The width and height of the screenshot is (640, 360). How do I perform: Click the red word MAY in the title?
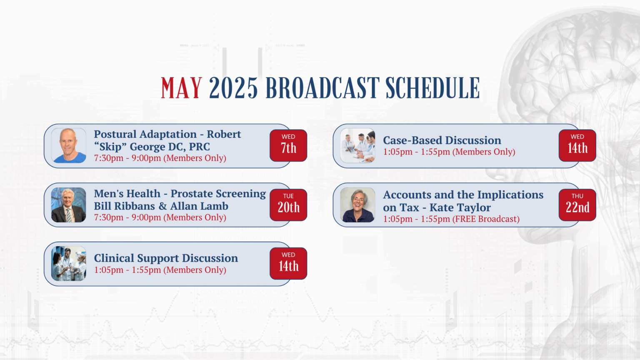[181, 88]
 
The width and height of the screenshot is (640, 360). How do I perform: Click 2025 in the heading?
[233, 88]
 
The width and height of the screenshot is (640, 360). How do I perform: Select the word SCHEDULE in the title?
[432, 88]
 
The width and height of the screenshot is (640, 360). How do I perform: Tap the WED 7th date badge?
[288, 145]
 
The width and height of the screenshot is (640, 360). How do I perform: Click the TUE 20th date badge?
[288, 205]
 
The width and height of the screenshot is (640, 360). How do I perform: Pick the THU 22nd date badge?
[577, 205]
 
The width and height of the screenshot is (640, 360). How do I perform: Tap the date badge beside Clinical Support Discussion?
[288, 263]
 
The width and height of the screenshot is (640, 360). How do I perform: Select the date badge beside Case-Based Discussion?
[577, 145]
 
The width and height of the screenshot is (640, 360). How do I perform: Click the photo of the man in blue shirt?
[69, 146]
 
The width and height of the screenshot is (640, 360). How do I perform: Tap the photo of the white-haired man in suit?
[69, 205]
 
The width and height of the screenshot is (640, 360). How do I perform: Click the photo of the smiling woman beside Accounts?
[358, 205]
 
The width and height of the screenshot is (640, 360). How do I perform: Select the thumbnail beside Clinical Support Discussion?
[69, 263]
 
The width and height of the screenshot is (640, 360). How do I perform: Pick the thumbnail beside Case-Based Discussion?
[358, 146]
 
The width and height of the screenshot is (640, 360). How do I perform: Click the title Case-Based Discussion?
[442, 140]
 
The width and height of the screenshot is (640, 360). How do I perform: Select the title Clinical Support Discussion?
[166, 258]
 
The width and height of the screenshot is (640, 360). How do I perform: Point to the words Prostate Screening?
[218, 194]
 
